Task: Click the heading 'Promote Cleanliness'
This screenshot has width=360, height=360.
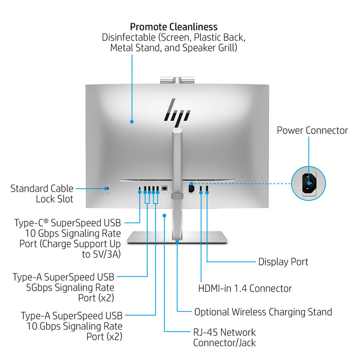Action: pos(173,27)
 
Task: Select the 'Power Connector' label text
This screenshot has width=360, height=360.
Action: pos(312,130)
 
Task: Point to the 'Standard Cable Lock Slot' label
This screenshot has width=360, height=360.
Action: pos(42,194)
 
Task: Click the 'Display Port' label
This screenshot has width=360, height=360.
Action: pos(283,262)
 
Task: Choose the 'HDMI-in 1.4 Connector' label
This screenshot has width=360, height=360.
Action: pos(245,289)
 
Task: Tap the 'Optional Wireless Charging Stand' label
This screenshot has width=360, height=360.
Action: pos(263,312)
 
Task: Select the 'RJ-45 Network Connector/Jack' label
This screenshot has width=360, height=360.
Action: pos(224,337)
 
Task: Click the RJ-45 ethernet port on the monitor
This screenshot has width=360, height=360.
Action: pos(165,189)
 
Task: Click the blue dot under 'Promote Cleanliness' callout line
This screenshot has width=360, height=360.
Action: pos(132,122)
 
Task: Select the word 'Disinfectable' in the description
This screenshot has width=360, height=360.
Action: pos(128,38)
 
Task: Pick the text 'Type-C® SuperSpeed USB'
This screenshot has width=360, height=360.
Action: pos(68,223)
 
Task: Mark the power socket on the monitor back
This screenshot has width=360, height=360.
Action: pos(191,189)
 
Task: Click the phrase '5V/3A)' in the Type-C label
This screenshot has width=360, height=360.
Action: pos(106,254)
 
